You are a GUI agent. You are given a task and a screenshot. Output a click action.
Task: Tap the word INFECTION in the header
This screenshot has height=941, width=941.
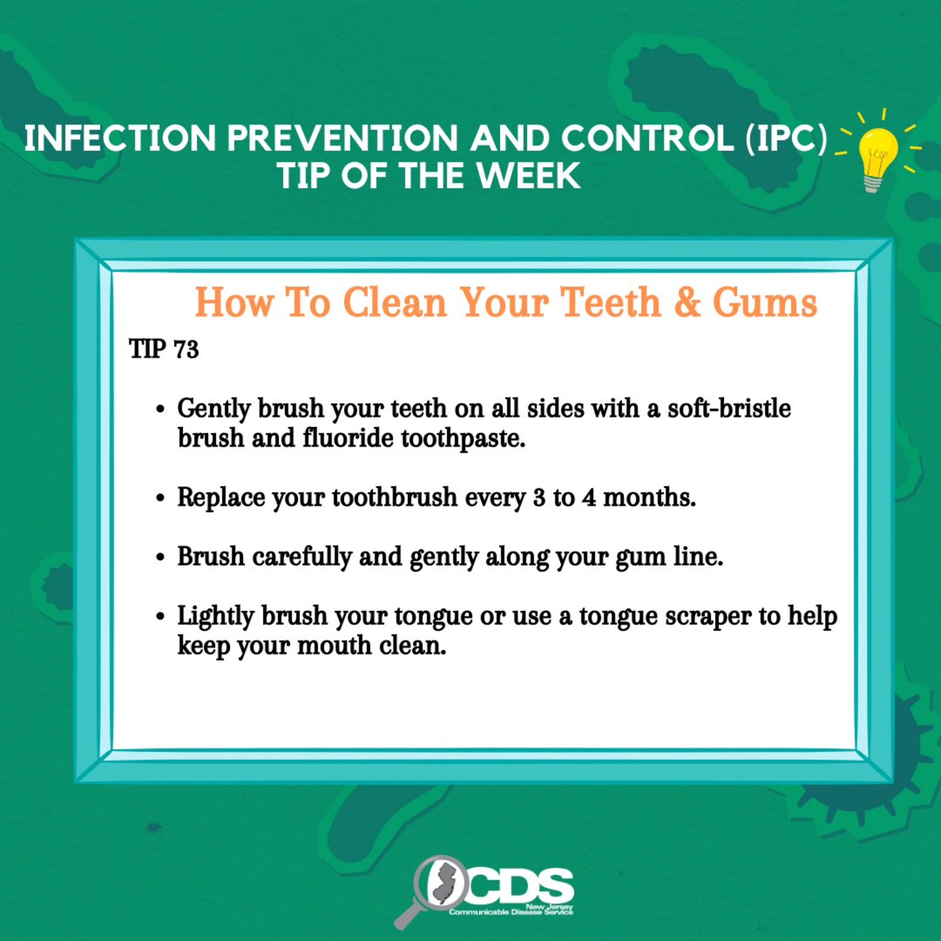[120, 139]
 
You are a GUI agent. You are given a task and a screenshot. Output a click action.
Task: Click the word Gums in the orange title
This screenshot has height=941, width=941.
[765, 303]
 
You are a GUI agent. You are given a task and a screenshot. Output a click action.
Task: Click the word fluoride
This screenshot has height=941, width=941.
[348, 438]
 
